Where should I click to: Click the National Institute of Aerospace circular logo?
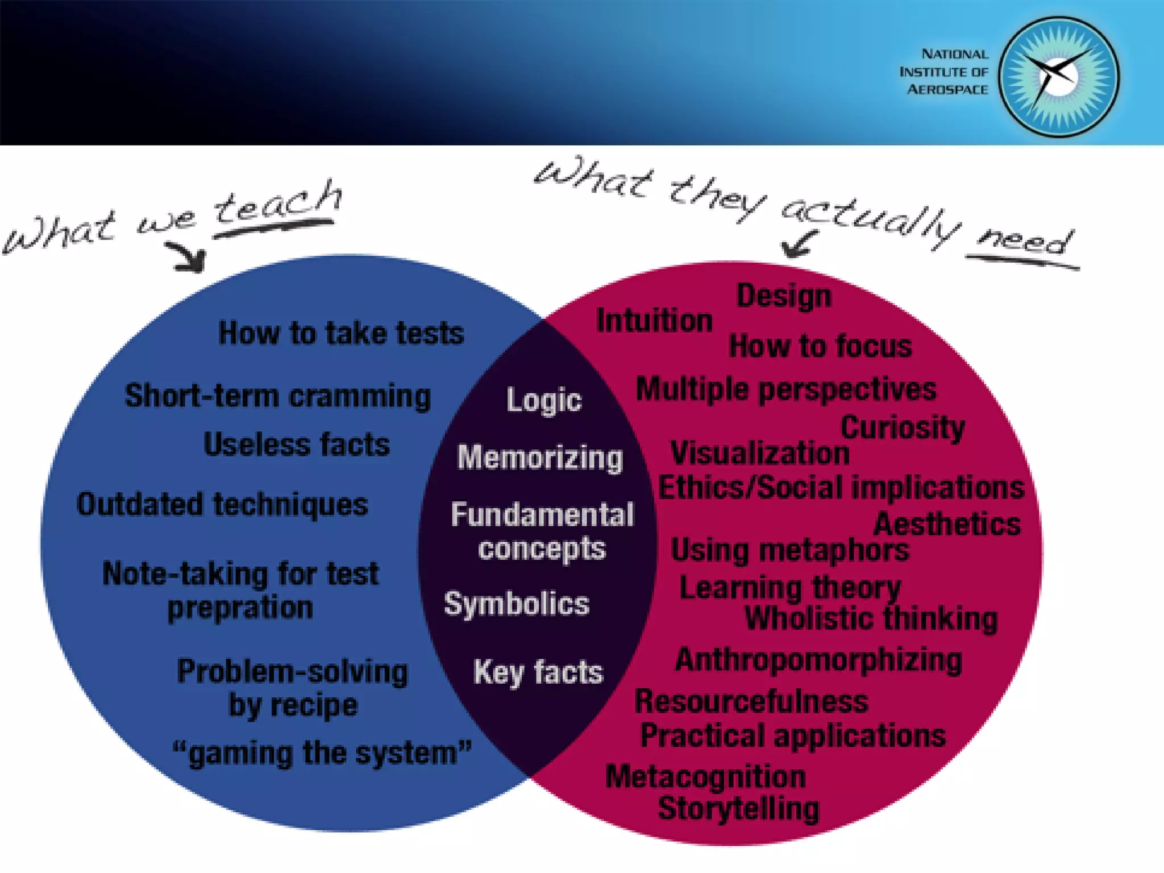1058,77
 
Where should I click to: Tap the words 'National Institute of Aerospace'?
944,72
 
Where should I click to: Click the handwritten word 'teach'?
277,205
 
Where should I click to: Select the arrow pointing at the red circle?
799,244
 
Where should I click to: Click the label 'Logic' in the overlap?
544,400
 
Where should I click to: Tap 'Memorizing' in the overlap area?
540,458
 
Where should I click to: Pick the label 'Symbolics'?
517,603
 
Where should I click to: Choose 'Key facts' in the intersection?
538,672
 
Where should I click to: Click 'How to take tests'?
341,333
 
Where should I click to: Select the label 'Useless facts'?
297,444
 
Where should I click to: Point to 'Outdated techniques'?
222,505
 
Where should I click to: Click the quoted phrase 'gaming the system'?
322,753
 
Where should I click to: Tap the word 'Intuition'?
654,321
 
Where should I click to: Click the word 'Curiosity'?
903,427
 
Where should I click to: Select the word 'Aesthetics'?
947,524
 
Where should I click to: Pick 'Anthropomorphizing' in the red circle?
818,660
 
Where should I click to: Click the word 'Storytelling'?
738,808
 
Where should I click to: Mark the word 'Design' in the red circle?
784,296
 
